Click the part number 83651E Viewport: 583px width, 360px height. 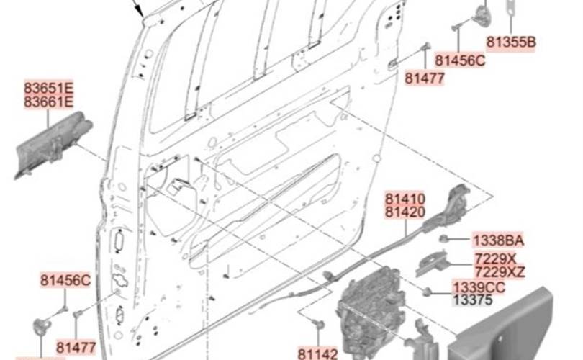coord(49,88)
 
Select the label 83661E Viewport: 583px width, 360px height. coord(49,102)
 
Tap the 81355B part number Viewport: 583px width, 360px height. coord(511,42)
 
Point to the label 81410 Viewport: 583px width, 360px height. coord(405,198)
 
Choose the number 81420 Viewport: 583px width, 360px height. coord(405,212)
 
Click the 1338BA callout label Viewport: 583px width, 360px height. coord(498,240)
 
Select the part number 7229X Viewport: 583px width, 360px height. coord(495,258)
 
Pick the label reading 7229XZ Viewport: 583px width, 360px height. coord(500,272)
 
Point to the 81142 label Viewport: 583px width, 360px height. coord(318,354)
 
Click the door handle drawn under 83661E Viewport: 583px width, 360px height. coord(53,148)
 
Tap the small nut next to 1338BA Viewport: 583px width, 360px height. coord(447,238)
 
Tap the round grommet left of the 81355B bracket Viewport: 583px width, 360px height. coord(480,16)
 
